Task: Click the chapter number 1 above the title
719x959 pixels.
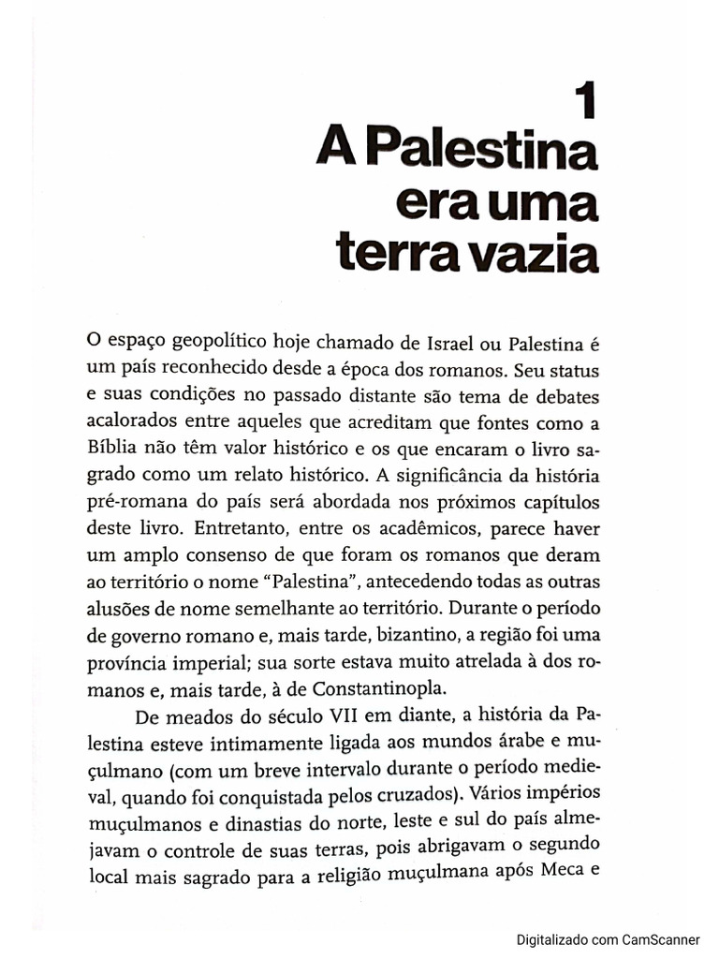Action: (586, 101)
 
